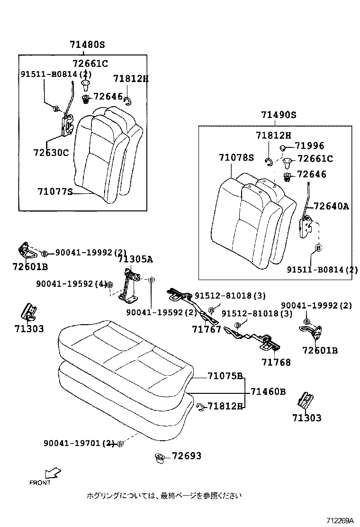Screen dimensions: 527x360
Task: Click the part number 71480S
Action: [x=87, y=45]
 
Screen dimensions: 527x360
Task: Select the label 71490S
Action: [x=278, y=115]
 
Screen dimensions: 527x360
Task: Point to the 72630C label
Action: [x=51, y=153]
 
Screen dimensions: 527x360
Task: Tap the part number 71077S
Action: [x=55, y=192]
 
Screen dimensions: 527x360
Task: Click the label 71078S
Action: [x=236, y=157]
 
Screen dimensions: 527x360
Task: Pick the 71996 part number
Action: [x=309, y=146]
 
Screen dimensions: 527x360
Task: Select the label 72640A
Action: [x=331, y=206]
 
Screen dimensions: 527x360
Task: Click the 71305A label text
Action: [x=135, y=259]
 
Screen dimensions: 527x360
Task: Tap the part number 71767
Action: [x=207, y=329]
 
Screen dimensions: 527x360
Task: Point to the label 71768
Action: [x=276, y=363]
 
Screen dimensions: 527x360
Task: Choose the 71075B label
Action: [x=225, y=376]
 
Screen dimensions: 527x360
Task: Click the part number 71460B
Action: [x=268, y=391]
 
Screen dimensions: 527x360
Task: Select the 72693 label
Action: [x=186, y=456]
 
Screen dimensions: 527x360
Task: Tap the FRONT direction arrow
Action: [x=53, y=473]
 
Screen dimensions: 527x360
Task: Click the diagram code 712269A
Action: [x=339, y=520]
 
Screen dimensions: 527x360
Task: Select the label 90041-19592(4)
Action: [x=71, y=284]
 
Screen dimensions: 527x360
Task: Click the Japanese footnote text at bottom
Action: [x=164, y=496]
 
